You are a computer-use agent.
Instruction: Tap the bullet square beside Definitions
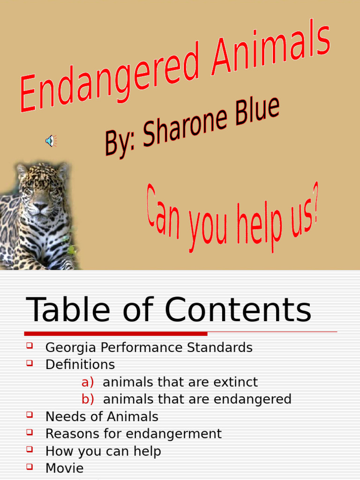click(x=30, y=363)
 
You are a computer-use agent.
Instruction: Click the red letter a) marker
click(x=88, y=382)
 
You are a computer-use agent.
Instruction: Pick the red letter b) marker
click(x=88, y=399)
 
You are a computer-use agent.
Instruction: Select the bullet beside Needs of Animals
click(x=30, y=415)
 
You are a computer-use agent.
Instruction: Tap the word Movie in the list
click(x=64, y=468)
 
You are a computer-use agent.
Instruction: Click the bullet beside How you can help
click(x=30, y=449)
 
